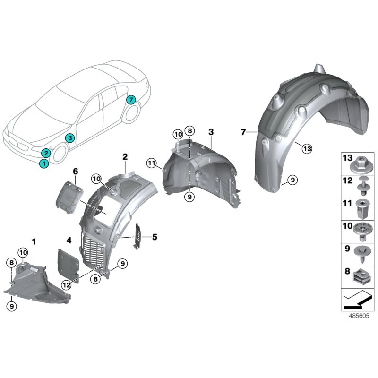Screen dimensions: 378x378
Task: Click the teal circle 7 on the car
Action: click(x=131, y=100)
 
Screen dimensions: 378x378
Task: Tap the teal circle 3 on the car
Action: click(x=69, y=138)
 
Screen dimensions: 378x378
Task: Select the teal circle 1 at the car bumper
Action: click(x=43, y=163)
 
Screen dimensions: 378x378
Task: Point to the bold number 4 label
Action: click(x=69, y=241)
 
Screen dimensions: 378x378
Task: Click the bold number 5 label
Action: click(x=154, y=237)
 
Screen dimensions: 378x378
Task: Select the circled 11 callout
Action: click(x=151, y=163)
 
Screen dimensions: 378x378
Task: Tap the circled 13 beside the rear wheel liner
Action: click(x=307, y=149)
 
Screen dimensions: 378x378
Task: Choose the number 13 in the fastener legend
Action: click(x=348, y=157)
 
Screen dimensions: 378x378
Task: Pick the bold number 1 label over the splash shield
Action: click(x=34, y=241)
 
